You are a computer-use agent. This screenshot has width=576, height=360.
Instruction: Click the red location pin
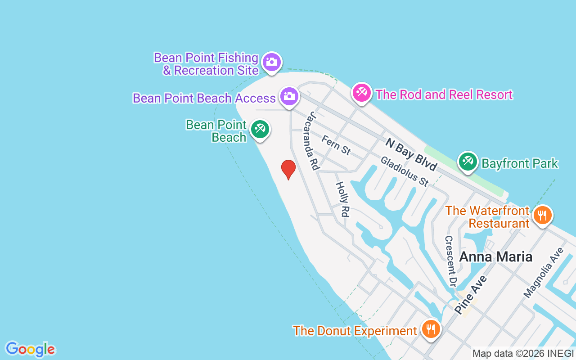click(288, 169)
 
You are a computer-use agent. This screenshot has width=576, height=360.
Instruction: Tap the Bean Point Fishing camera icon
click(272, 61)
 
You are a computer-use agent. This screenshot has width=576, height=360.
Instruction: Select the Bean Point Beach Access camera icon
click(289, 96)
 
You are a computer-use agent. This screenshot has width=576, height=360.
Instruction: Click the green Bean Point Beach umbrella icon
click(260, 129)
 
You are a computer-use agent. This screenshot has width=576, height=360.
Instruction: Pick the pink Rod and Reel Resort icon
click(361, 93)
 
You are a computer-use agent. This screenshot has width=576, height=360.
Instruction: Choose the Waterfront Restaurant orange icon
click(543, 215)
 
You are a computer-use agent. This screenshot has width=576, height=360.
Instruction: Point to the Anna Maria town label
click(495, 257)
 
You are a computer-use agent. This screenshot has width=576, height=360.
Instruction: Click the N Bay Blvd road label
click(411, 154)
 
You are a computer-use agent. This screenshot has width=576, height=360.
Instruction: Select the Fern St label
click(336, 145)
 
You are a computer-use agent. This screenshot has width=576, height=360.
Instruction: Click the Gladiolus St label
click(405, 171)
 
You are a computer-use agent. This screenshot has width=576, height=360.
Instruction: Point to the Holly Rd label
click(342, 199)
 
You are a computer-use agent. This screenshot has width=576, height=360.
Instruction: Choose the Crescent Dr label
click(450, 261)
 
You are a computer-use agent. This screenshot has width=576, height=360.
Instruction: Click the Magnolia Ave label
click(543, 272)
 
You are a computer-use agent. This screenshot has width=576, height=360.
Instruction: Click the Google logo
click(30, 349)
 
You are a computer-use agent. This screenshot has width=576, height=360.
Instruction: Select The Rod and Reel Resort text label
click(444, 95)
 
